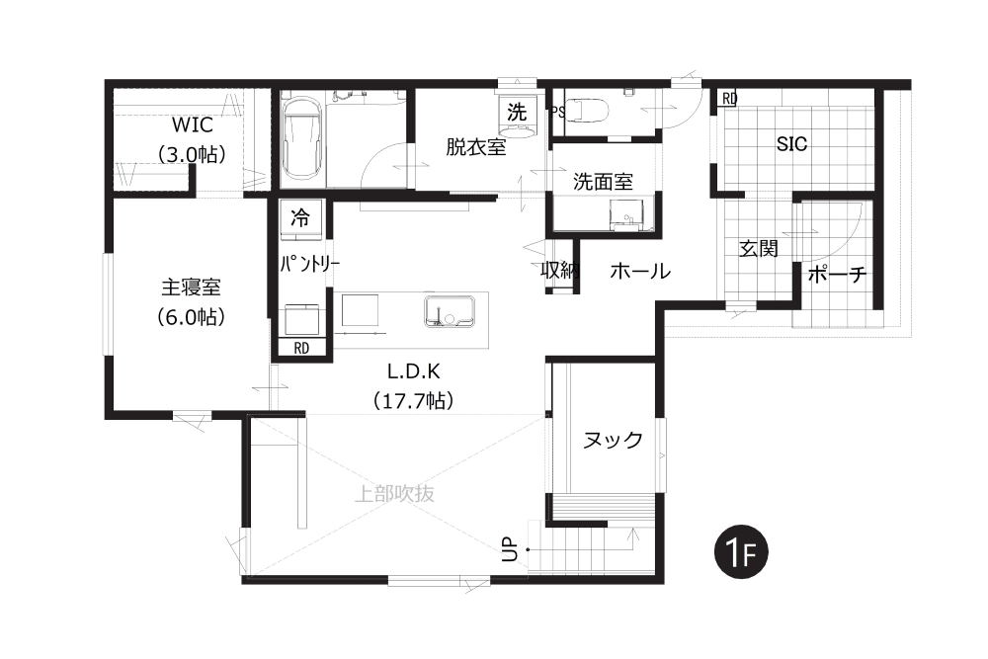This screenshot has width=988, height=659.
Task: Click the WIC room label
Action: pos(193,124)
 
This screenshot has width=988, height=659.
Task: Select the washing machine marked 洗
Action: pos(518,114)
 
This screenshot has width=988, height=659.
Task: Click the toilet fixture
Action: pos(587,111)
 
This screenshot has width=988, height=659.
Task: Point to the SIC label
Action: pos(791,144)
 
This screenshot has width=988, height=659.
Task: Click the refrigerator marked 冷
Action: pos(301,220)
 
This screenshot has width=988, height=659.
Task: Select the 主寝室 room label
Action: pos(191,288)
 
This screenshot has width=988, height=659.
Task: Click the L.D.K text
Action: pos(413,371)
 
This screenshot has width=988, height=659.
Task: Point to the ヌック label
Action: pos(613,440)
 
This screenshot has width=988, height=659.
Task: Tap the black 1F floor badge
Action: pos(741,552)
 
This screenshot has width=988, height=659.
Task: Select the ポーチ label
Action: pos(838,274)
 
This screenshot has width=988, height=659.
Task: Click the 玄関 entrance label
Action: pos(758,249)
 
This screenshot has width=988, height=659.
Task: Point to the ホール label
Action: pos(640,272)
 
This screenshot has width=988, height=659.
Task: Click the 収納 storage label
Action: pos(560,271)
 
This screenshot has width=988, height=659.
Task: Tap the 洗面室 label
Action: pos(603,182)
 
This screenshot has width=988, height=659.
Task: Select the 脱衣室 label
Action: pos(476,147)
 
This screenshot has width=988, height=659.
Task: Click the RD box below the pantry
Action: pos(301,348)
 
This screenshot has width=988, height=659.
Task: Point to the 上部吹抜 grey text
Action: pos(394,493)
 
